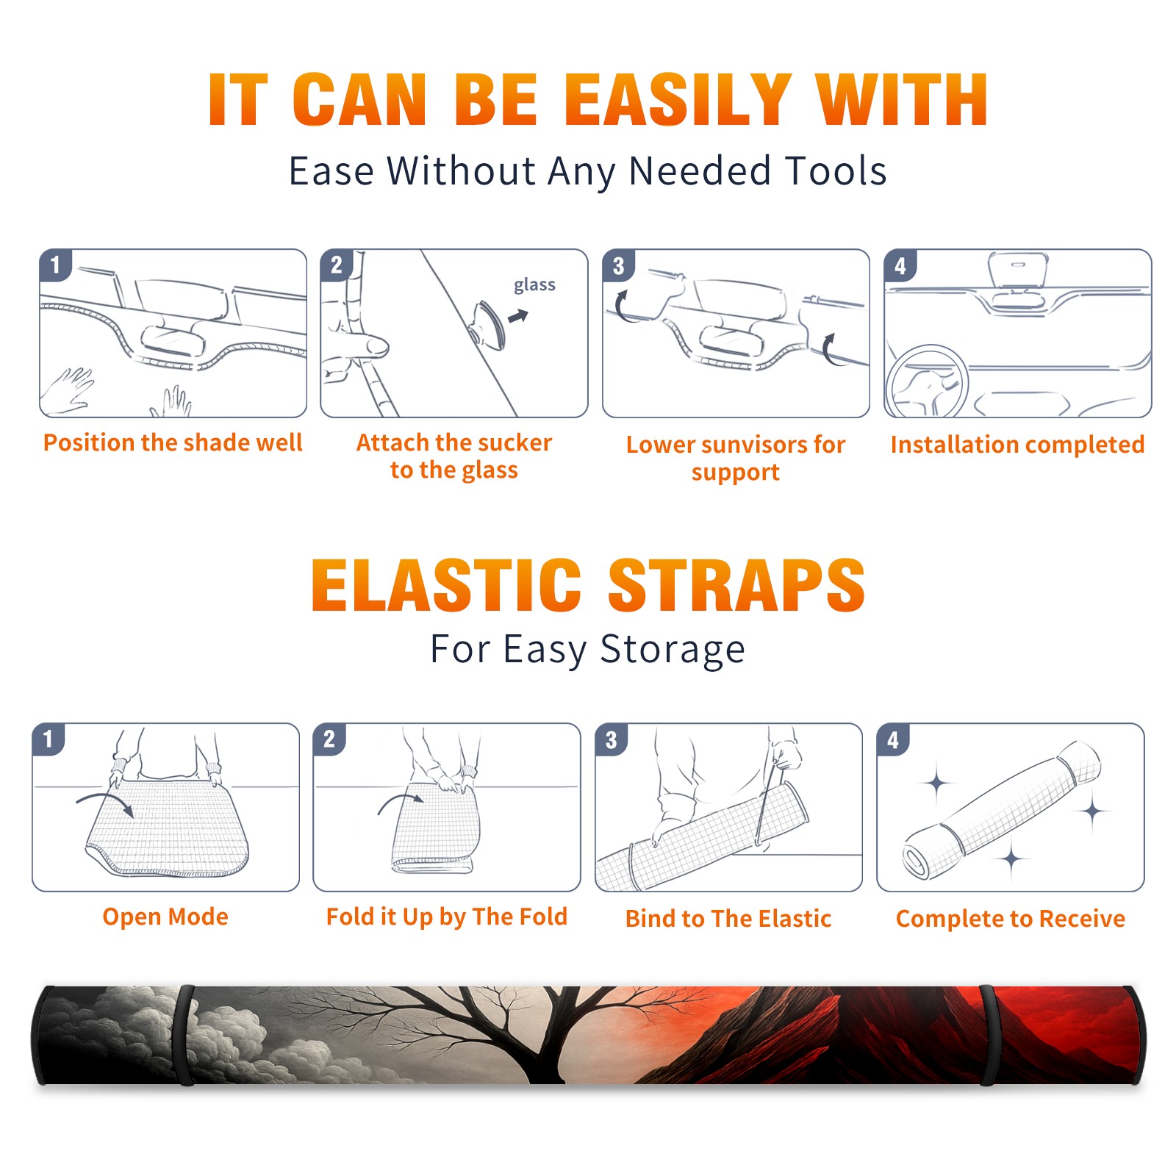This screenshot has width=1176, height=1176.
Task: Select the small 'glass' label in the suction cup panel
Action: [x=534, y=285]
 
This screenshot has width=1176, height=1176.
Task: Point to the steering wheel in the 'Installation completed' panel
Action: [x=927, y=381]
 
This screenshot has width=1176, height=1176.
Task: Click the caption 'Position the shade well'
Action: [x=173, y=442]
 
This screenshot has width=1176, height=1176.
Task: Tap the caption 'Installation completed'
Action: [x=1017, y=445]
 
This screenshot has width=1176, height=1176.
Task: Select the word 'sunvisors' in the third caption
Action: [x=753, y=445]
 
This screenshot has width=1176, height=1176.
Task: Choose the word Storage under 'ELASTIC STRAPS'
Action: [x=673, y=650]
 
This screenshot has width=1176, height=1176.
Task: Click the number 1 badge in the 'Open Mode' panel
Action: [x=49, y=739]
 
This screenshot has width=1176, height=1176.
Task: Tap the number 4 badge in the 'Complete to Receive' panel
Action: [x=893, y=739]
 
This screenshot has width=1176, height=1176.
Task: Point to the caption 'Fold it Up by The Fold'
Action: [x=447, y=917]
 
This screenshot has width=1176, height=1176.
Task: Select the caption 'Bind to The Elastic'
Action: [x=728, y=919]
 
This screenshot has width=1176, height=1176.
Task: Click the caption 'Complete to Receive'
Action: [x=1011, y=919]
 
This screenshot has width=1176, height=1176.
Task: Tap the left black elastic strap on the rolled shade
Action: [x=185, y=1035]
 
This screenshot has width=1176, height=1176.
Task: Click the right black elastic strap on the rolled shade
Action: [x=987, y=1035]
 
